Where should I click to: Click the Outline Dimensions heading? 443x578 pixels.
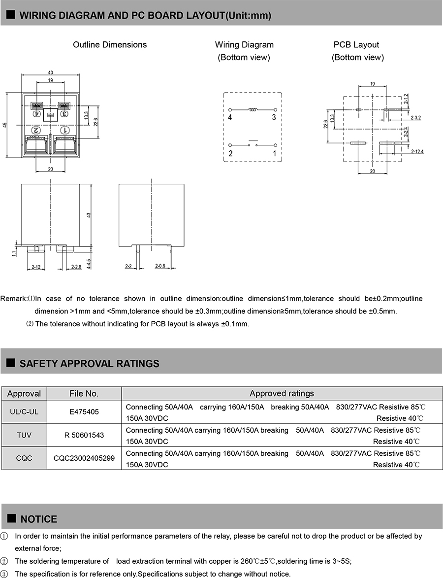[x=110, y=45]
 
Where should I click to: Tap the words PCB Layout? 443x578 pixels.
[x=356, y=45]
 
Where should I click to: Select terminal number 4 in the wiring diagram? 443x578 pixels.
[x=230, y=117]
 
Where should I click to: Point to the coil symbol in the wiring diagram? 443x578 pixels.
[x=253, y=110]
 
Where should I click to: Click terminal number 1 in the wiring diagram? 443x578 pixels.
[x=275, y=153]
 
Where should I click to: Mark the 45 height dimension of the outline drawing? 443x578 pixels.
[x=5, y=125]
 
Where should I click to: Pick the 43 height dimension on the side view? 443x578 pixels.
[x=89, y=215]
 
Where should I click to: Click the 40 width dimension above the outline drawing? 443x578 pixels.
[x=50, y=73]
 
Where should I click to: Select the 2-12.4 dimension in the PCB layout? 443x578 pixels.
[x=417, y=151]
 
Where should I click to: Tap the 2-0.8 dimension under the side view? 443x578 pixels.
[x=160, y=266]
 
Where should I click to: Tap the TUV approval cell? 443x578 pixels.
[x=24, y=436]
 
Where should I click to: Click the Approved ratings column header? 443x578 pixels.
[x=282, y=393]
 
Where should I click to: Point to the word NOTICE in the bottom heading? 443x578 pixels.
[x=39, y=519]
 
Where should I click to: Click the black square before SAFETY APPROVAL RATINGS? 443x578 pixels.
[x=10, y=364]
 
